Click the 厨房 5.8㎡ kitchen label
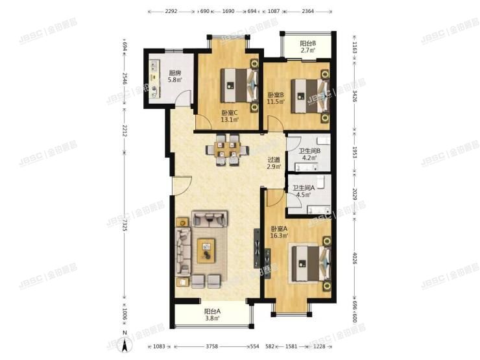tap(174, 77)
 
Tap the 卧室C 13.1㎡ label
tap(230, 115)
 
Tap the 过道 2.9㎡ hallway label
tap(274, 163)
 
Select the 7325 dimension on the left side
tap(124, 228)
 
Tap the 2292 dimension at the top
tap(171, 12)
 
